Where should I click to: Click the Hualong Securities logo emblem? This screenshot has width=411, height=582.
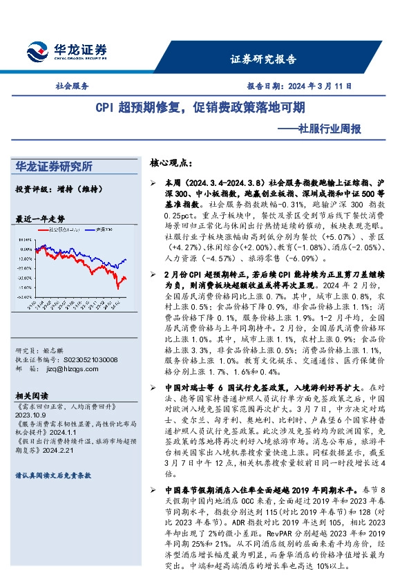(x=35, y=52)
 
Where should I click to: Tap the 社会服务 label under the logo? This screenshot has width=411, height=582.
(x=71, y=87)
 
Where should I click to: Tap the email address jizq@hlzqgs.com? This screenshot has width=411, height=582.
(x=66, y=370)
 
